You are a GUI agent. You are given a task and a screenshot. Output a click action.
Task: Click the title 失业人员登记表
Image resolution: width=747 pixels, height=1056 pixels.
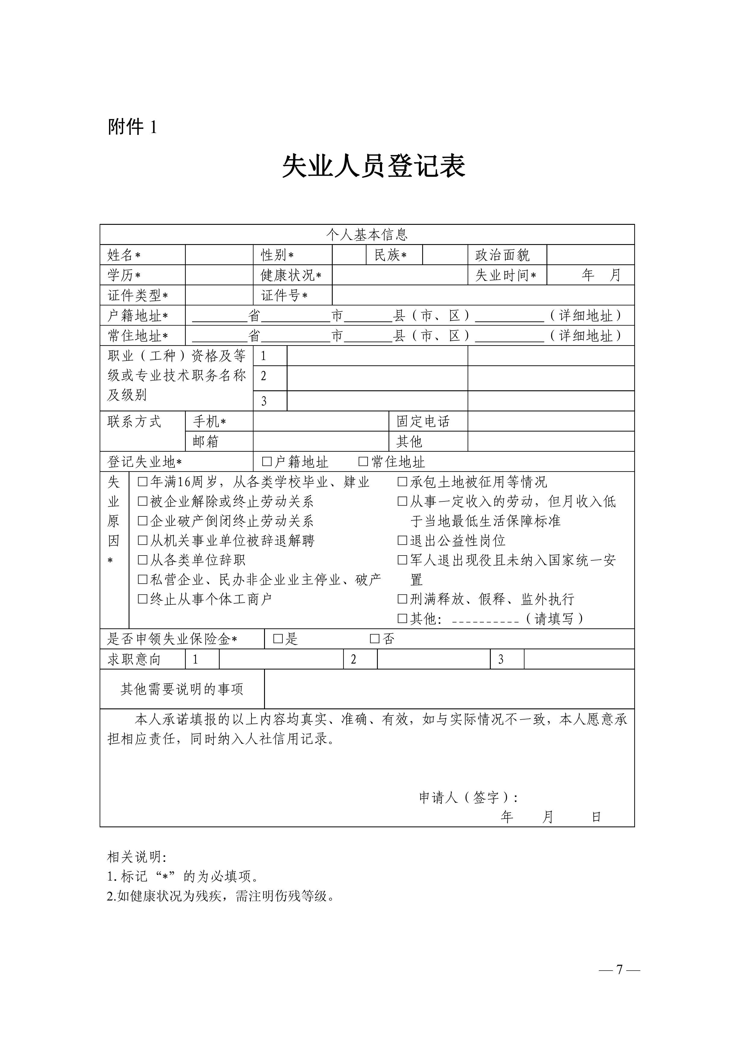tap(373, 166)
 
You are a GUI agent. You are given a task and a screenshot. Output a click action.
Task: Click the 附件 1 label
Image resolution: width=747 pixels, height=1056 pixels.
tap(132, 127)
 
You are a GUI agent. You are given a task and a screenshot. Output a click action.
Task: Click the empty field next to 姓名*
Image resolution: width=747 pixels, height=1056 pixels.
tap(219, 255)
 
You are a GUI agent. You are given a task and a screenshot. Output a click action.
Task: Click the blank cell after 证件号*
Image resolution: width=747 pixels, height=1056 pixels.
tap(483, 295)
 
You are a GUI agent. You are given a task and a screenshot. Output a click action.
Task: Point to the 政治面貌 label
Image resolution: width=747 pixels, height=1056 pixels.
tap(502, 255)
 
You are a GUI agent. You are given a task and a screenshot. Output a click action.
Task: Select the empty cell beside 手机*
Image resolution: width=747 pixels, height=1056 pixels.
tap(321, 421)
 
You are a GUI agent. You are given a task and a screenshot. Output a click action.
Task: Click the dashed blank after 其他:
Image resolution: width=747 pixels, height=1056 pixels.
tap(486, 619)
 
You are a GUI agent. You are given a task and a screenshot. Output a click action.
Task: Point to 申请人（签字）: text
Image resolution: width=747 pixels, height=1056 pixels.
tap(468, 797)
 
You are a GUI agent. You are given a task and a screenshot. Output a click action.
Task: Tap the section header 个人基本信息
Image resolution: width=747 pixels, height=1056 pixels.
tap(367, 234)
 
